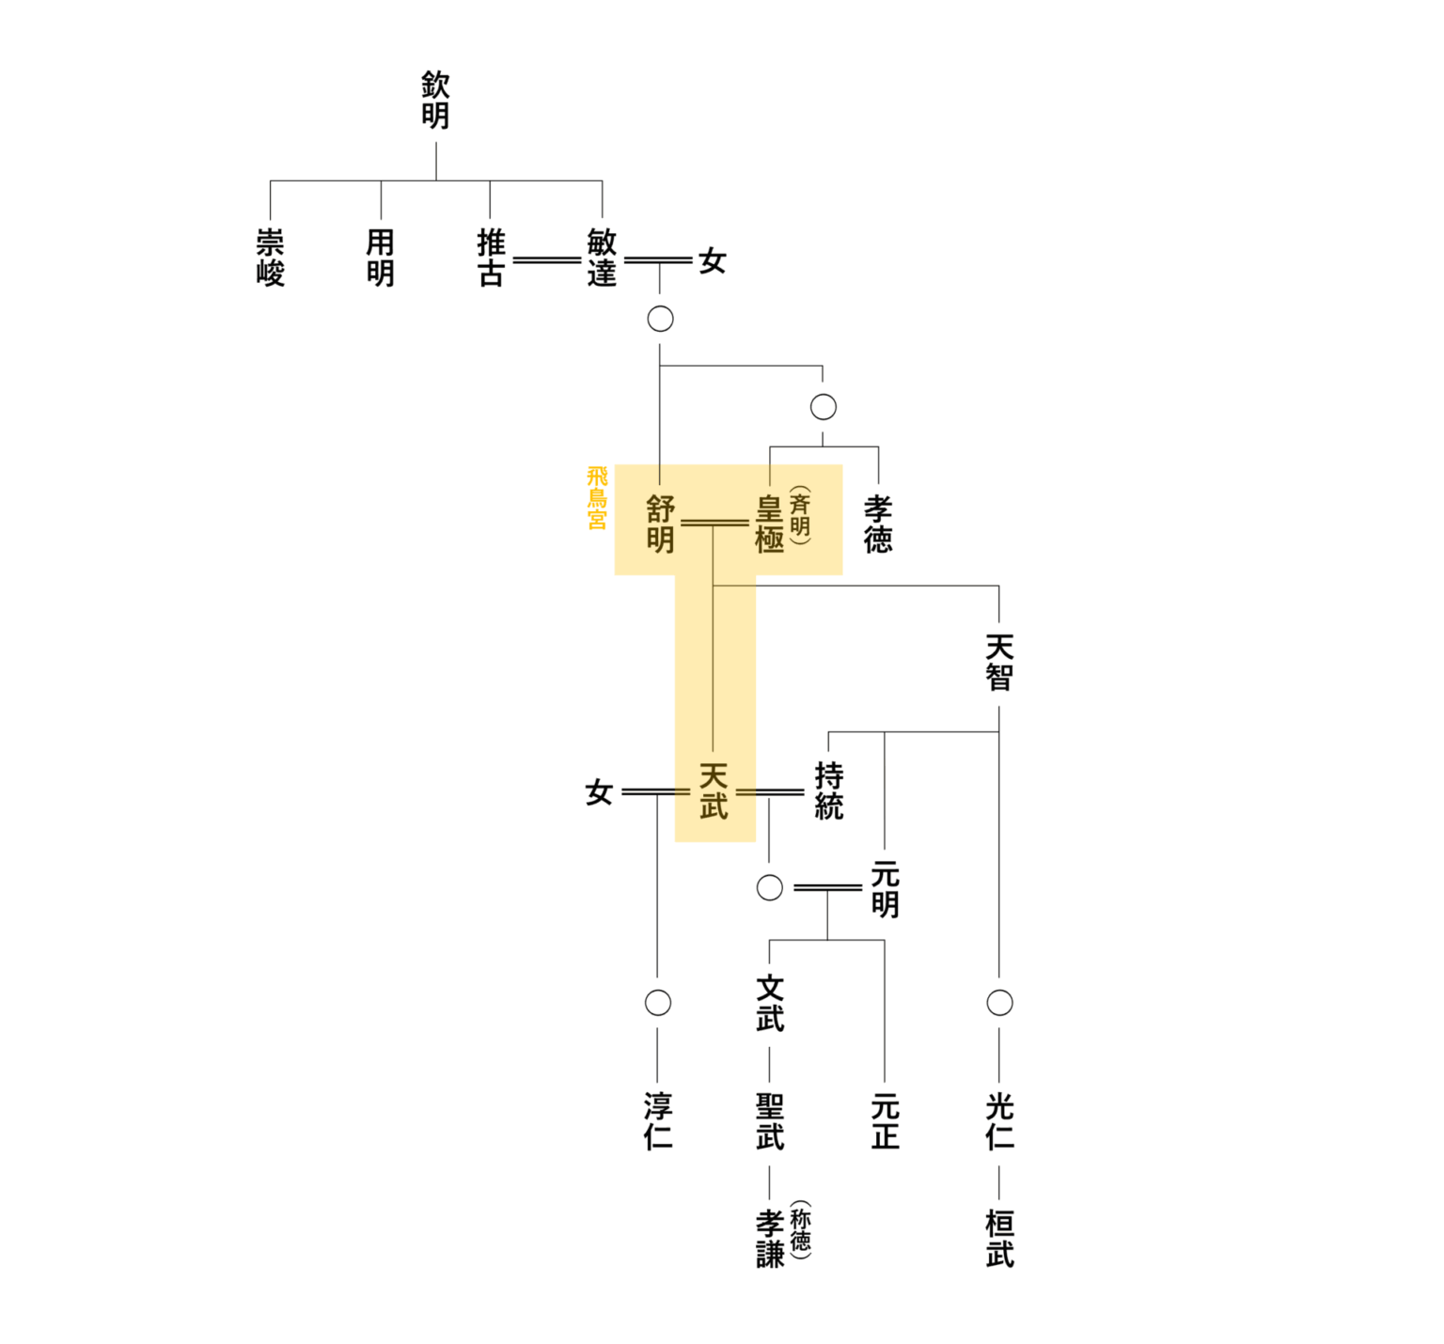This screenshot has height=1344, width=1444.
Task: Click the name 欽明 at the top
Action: (x=435, y=101)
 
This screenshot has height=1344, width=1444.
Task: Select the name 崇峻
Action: (x=271, y=258)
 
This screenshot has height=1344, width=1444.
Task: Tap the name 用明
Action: (x=381, y=258)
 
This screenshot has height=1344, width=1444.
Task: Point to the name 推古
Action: (x=491, y=258)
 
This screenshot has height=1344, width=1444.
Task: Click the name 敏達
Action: (x=602, y=258)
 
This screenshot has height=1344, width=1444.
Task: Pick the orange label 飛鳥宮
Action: (x=597, y=498)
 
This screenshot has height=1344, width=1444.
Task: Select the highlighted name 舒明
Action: (x=661, y=524)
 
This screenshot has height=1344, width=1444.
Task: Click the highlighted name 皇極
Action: (x=770, y=524)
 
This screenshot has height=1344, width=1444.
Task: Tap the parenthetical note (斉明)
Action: (x=800, y=515)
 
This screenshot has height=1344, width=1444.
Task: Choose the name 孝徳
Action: (x=878, y=524)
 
